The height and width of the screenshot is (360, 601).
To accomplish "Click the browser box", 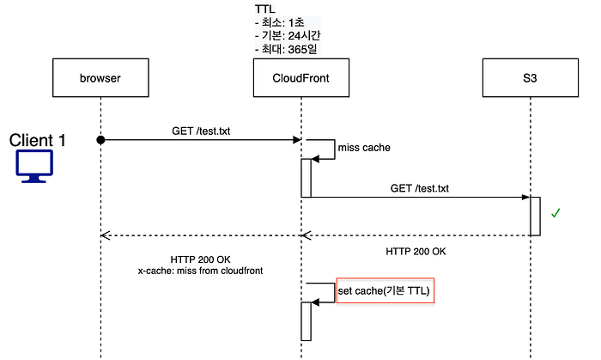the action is pyautogui.click(x=100, y=78).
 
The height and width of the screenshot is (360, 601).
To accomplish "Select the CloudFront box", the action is pyautogui.click(x=300, y=78).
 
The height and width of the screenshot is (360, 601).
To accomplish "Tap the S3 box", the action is pyautogui.click(x=530, y=78).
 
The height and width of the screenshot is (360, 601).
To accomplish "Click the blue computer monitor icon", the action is pyautogui.click(x=34, y=166).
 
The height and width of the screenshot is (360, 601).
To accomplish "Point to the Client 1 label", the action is pyautogui.click(x=37, y=140).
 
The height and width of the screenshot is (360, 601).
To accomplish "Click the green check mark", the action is pyautogui.click(x=555, y=213).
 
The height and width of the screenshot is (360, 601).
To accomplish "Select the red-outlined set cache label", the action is pyautogui.click(x=385, y=290).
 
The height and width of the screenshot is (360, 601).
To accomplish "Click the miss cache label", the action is pyautogui.click(x=364, y=148).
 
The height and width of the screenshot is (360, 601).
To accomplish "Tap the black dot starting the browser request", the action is pyautogui.click(x=100, y=140).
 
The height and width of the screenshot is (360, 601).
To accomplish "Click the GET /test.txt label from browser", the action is pyautogui.click(x=201, y=131).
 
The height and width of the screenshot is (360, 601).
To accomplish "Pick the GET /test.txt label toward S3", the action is pyautogui.click(x=419, y=188).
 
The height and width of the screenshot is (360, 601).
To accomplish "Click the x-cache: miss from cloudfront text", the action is pyautogui.click(x=200, y=271).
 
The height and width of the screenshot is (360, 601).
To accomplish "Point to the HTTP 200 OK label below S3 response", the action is pyautogui.click(x=416, y=252).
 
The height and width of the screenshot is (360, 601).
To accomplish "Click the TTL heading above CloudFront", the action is pyautogui.click(x=264, y=9).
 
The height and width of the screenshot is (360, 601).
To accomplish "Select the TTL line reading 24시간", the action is pyautogui.click(x=288, y=35).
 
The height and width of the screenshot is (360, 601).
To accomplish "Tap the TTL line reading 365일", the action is pyautogui.click(x=286, y=49).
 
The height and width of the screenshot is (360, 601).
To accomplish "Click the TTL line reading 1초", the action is pyautogui.click(x=280, y=22).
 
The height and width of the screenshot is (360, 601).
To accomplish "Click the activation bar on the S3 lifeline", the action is pyautogui.click(x=535, y=217).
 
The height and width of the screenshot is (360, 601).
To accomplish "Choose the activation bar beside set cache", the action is pyautogui.click(x=306, y=321).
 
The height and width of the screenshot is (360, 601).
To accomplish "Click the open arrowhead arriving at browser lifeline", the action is pyautogui.click(x=106, y=235).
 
